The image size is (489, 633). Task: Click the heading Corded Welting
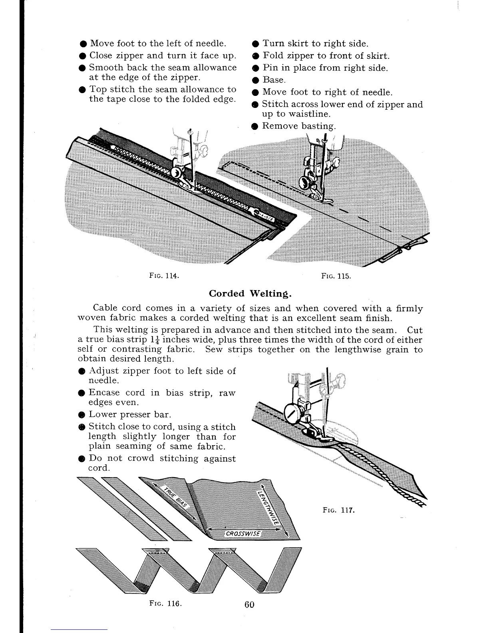(x=251, y=294)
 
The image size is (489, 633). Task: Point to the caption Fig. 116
(x=166, y=604)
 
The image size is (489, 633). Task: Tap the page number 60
(x=249, y=605)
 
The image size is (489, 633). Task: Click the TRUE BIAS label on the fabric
(x=172, y=498)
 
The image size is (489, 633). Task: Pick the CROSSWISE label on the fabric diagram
(x=243, y=534)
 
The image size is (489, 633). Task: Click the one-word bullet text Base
(x=274, y=80)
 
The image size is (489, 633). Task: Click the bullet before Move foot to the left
(x=82, y=44)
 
